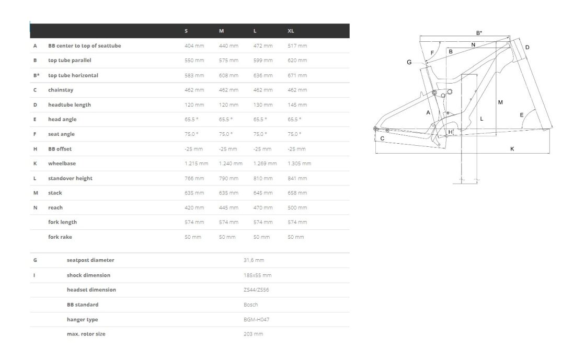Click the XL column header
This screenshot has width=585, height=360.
click(x=291, y=31)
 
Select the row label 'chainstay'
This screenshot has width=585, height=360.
click(x=61, y=90)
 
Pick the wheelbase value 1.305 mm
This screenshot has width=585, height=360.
click(x=299, y=164)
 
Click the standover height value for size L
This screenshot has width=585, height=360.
click(x=262, y=178)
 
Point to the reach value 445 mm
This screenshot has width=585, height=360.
click(x=228, y=207)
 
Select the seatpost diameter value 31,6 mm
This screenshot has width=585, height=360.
click(x=254, y=260)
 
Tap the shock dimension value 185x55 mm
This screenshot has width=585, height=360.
click(x=257, y=275)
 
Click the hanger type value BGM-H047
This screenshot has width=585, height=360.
click(x=256, y=319)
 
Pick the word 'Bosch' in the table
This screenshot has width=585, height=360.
click(x=250, y=305)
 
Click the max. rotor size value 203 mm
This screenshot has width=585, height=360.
click(x=253, y=334)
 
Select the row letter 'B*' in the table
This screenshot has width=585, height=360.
click(x=36, y=75)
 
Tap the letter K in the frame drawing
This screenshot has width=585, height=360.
click(x=512, y=149)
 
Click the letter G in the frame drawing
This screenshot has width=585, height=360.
click(x=409, y=62)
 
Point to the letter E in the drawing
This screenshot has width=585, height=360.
click(x=521, y=115)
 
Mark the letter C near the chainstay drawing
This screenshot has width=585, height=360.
click(x=382, y=138)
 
